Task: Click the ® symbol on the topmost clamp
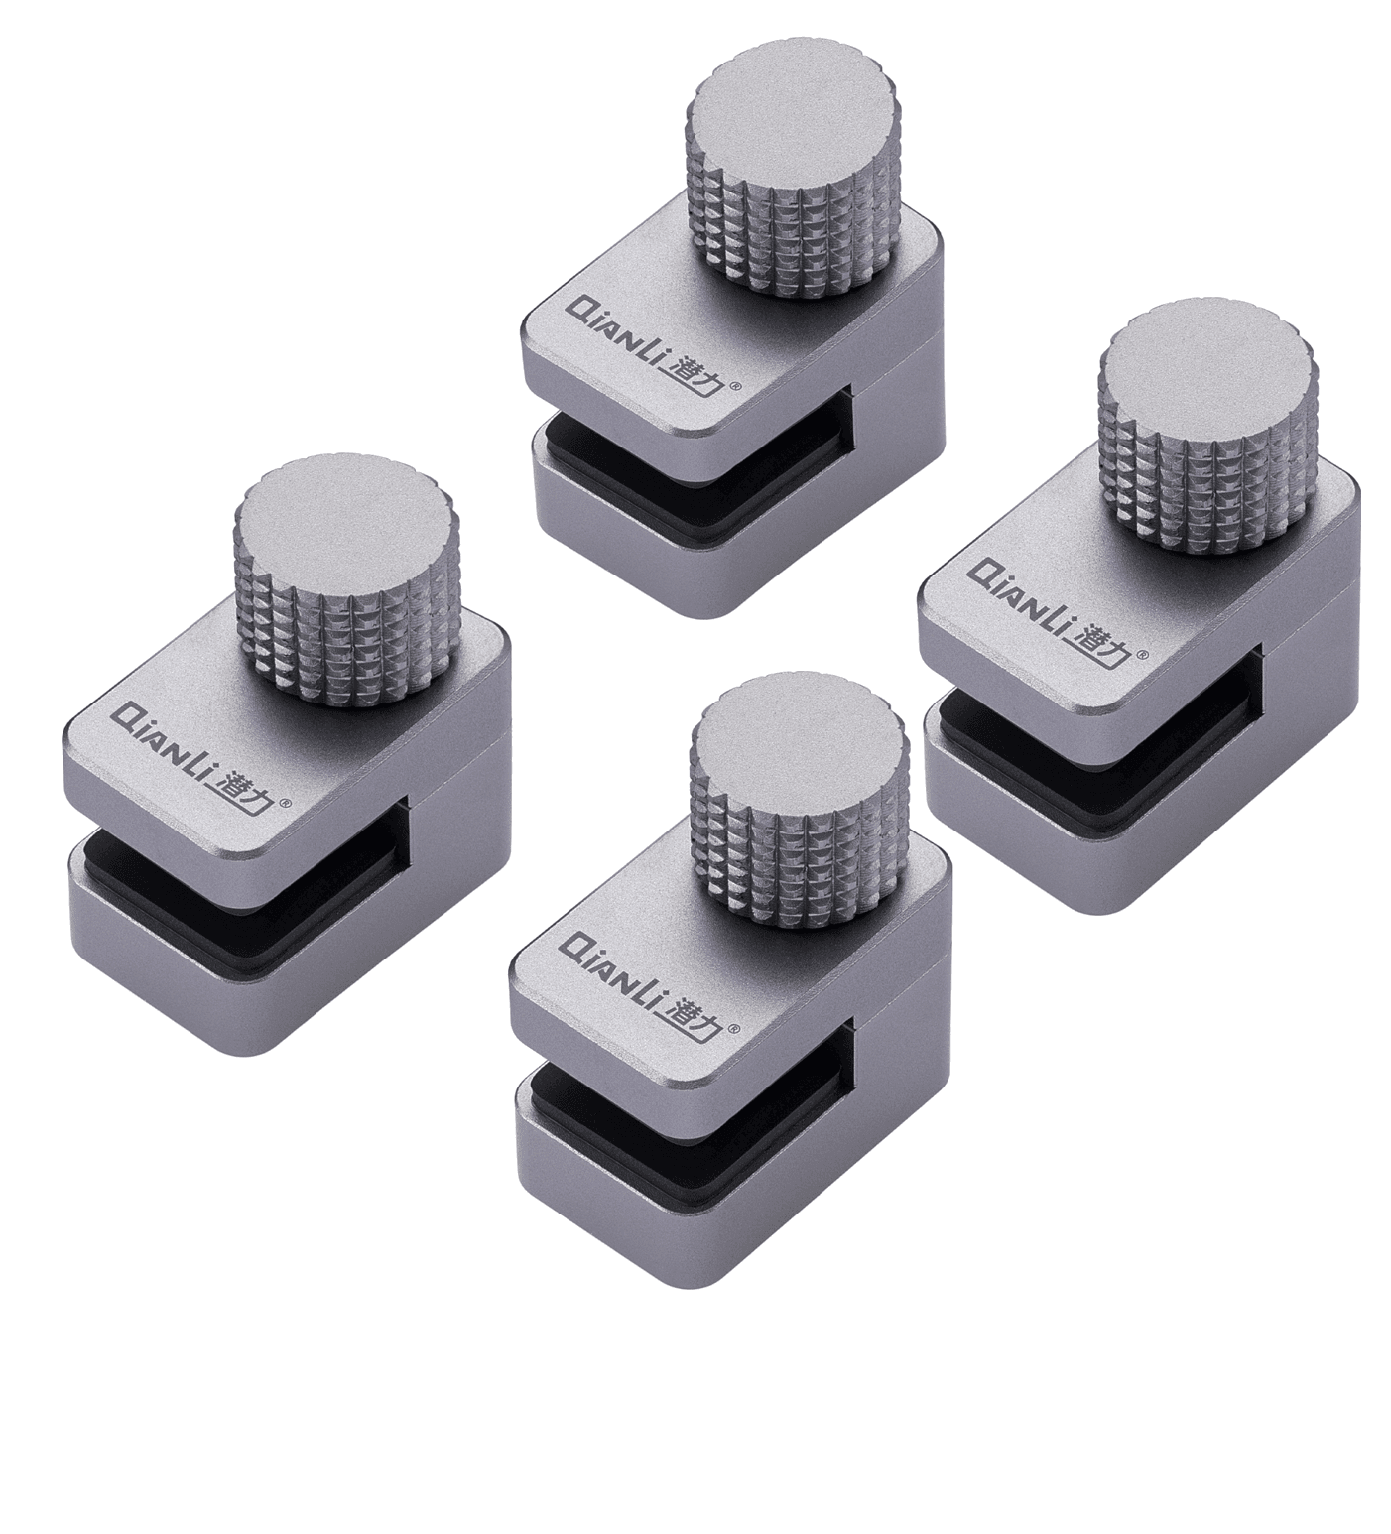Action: [735, 389]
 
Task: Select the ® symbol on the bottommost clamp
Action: [736, 1028]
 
